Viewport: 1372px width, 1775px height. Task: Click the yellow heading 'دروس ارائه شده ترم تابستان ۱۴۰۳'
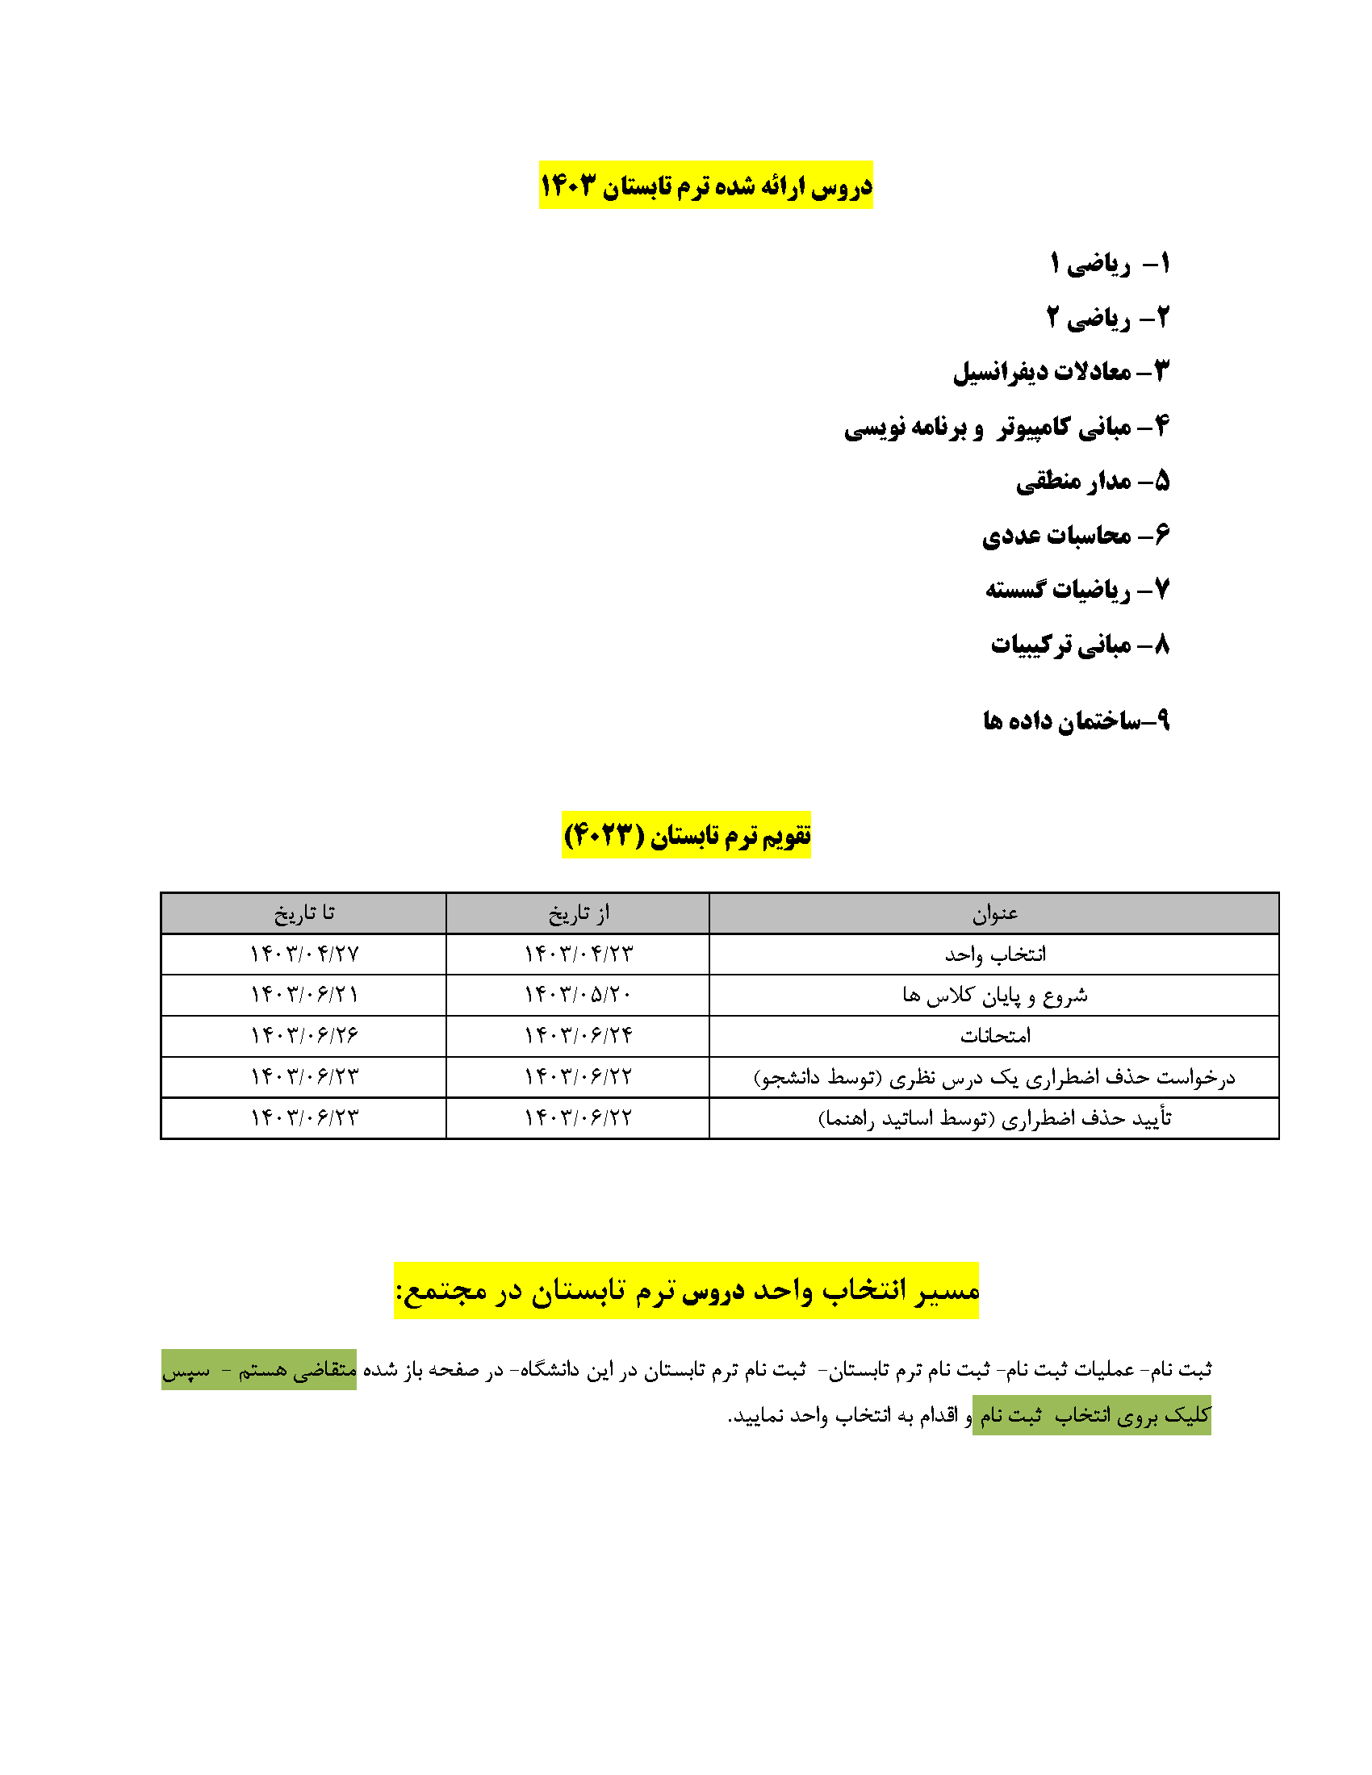pos(705,186)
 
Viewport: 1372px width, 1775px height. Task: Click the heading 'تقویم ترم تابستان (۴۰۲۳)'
pos(687,835)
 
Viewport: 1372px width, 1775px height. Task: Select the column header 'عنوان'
pos(994,913)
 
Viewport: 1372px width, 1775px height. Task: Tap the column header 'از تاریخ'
pos(578,913)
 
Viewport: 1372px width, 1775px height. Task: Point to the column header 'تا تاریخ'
pos(303,913)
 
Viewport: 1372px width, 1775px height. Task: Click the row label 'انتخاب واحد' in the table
pos(994,954)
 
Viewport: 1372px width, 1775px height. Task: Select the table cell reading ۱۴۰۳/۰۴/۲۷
pos(303,954)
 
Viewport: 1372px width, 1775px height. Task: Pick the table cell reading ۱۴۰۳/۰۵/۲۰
pos(578,995)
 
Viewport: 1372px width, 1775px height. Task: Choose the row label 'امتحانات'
pos(994,1036)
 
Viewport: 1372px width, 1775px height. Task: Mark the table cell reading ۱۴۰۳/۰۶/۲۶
pos(303,1036)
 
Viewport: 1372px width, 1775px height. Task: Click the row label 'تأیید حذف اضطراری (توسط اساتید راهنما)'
pos(994,1119)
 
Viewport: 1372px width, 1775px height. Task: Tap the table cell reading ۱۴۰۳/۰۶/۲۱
pos(303,995)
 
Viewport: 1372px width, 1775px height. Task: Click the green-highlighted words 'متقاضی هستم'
pos(297,1369)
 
